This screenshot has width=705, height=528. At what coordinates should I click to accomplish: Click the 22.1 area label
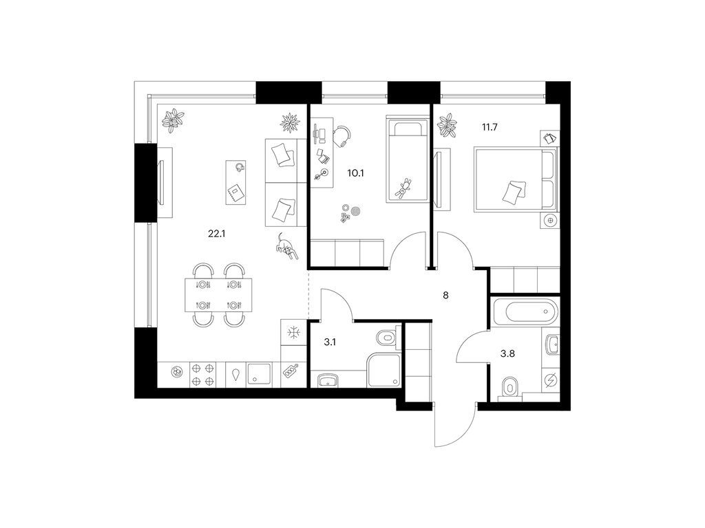tap(216, 234)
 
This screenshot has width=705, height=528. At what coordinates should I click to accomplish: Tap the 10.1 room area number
tap(356, 173)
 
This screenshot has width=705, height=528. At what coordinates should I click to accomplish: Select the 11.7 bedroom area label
tap(490, 127)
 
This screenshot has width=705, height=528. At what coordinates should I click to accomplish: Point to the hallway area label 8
tap(445, 296)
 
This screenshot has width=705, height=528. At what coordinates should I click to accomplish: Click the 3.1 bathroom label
tap(330, 342)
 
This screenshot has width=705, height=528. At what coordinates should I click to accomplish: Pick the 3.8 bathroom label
tap(507, 353)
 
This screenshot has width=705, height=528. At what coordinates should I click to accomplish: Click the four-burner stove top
tap(202, 375)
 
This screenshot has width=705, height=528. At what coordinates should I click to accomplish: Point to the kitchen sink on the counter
tap(257, 375)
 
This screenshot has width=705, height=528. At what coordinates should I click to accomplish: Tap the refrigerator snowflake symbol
tap(293, 333)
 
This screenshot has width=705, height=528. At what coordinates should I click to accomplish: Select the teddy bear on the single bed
tap(403, 188)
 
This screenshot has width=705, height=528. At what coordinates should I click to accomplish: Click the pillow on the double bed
tap(514, 192)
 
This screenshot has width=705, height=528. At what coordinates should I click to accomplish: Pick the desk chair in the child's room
tap(343, 135)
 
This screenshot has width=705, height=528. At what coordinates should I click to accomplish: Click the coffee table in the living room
tap(237, 182)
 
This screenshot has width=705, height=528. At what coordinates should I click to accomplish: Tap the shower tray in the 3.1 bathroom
tap(383, 370)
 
